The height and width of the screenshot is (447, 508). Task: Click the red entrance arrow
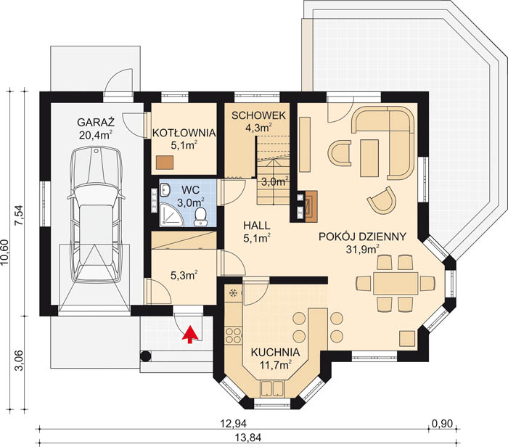[x=190, y=334]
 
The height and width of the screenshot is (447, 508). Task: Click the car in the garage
[x=95, y=210]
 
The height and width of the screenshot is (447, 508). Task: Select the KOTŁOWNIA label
[x=184, y=132]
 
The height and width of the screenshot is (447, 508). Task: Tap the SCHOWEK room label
[x=258, y=115]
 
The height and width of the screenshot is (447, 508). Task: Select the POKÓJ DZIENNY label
[x=361, y=237]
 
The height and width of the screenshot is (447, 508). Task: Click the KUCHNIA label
[x=271, y=353]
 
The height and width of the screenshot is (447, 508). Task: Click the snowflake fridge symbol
[x=233, y=293]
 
